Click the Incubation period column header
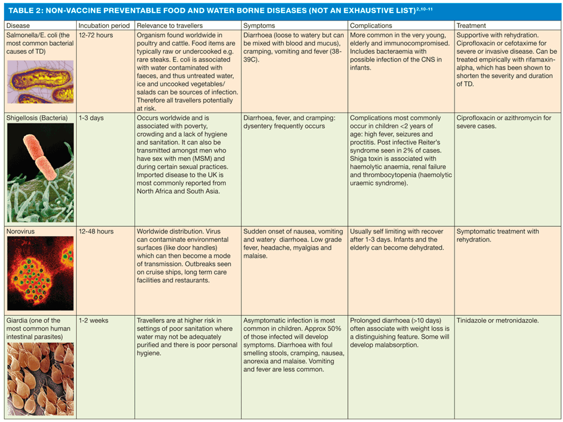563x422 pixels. coord(104,26)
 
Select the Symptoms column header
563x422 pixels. coord(259,26)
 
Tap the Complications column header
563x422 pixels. coord(371,26)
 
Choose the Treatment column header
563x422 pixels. coord(471,26)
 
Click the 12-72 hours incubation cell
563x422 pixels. coord(96,35)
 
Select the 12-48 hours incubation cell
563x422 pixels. coord(96,231)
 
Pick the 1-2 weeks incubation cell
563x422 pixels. coord(93,320)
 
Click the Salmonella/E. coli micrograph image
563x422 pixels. coord(40,82)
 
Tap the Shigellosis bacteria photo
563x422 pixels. coord(40,173)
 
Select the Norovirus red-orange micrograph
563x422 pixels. coord(40,273)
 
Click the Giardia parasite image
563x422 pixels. coord(40,379)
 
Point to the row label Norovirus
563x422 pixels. coord(21,231)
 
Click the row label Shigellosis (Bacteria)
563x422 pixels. coord(37,118)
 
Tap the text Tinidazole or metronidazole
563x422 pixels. coord(497,320)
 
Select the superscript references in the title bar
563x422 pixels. coord(424,9)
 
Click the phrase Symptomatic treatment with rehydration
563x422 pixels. coord(497,235)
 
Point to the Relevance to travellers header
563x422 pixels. coord(169,26)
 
